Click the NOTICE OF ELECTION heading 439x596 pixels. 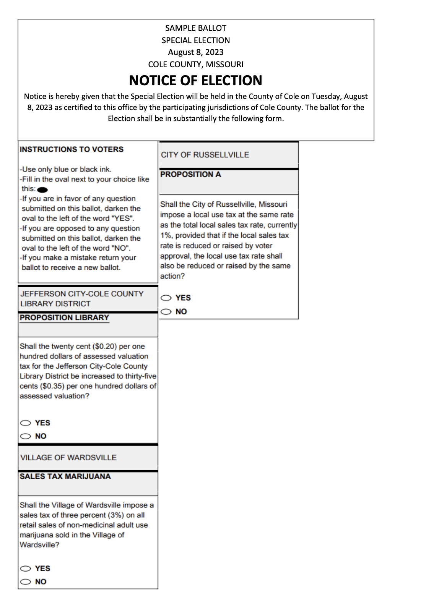195,80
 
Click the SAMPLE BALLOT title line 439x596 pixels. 195,28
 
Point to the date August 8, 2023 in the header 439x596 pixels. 195,52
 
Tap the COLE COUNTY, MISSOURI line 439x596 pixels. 195,64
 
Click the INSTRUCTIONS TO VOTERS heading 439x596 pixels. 72,149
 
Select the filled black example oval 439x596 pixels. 42,189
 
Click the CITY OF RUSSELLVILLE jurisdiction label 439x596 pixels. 205,155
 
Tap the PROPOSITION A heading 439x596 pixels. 190,174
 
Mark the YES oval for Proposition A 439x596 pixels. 166,298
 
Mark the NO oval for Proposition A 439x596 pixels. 166,312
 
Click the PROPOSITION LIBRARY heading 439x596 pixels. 64,317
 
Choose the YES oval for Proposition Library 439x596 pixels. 26,423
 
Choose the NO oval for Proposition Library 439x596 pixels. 26,436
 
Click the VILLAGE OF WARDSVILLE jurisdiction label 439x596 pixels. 68,458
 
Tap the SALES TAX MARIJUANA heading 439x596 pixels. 65,476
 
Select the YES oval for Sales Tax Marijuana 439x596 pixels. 26,568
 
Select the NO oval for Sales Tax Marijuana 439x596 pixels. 26,582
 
